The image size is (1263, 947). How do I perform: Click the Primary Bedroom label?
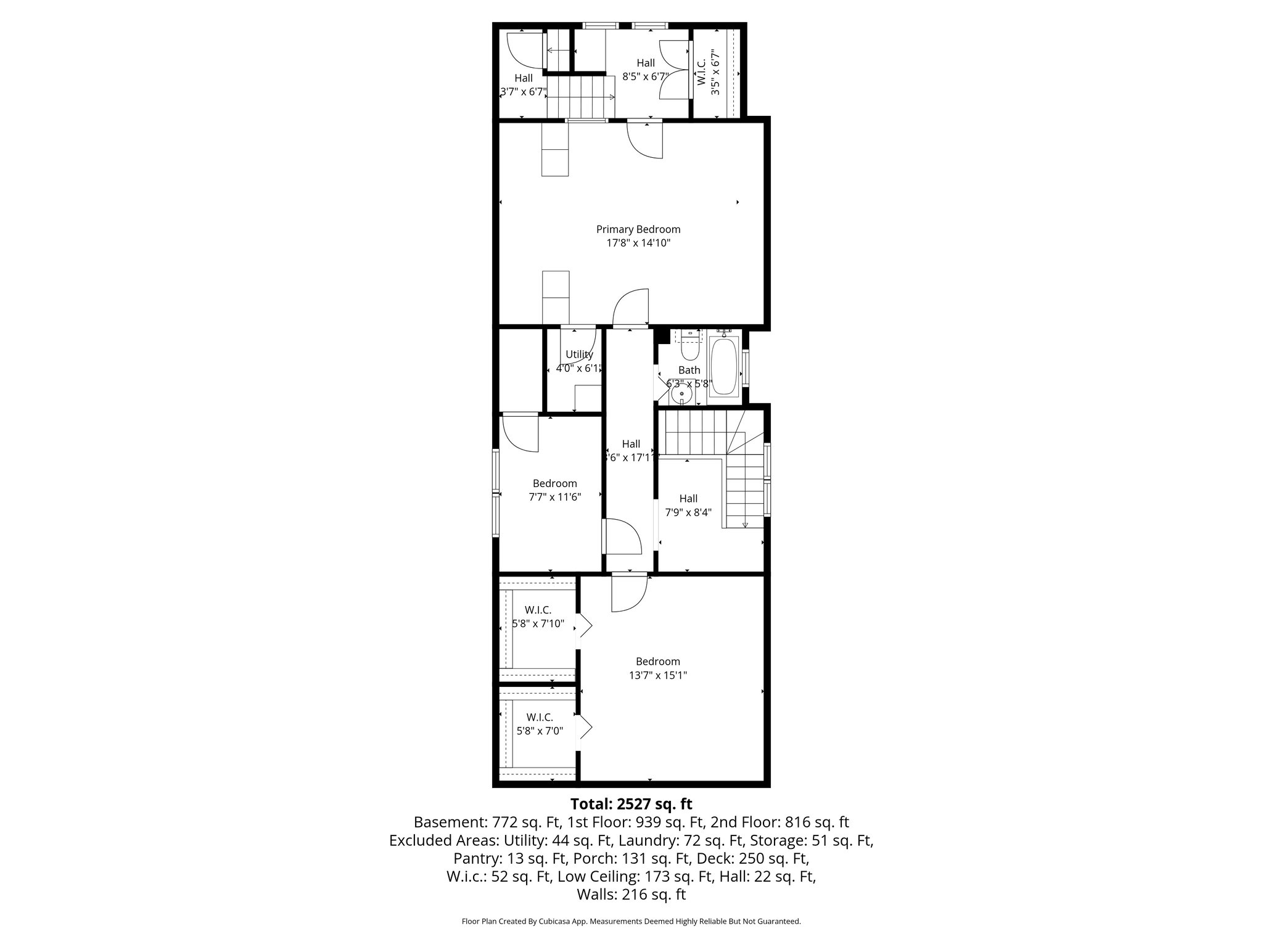point(638,229)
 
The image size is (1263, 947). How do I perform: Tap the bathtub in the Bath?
point(725,366)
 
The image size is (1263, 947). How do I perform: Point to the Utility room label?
point(579,355)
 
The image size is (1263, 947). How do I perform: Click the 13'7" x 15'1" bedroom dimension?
point(658,675)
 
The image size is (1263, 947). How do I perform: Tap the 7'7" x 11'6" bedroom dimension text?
point(555,497)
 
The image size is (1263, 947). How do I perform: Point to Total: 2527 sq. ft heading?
point(631,804)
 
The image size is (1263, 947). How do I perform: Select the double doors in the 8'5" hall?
point(673,69)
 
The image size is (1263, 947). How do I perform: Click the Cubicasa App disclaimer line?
point(631,922)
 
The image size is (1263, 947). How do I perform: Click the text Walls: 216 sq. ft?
point(631,895)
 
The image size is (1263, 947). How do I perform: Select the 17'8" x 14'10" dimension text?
point(638,243)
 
